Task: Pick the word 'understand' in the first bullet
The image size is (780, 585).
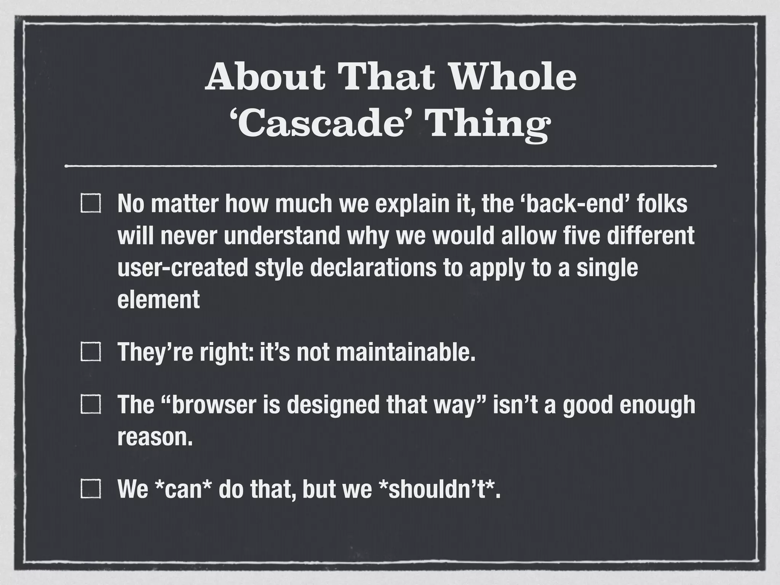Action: pos(281,236)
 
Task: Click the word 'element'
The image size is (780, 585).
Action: pos(158,299)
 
